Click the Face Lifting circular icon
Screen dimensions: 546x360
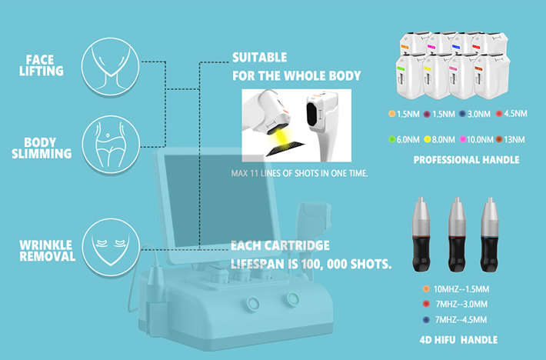111,66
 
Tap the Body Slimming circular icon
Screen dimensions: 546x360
111,145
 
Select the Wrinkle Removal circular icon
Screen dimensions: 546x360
111,248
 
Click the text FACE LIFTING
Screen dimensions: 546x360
42,65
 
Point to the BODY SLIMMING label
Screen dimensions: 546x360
42,148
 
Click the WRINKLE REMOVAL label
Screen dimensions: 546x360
48,251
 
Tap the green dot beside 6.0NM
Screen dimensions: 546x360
392,139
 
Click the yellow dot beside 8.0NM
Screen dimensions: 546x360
428,139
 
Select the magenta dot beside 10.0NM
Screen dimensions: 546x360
463,139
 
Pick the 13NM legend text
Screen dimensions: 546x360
514,139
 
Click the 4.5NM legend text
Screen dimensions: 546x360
516,114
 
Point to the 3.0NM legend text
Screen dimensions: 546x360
479,114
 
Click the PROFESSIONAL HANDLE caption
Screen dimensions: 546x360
466,160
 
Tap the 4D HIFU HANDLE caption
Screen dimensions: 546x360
458,340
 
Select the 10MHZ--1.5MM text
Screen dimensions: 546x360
461,289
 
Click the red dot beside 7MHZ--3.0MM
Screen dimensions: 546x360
426,304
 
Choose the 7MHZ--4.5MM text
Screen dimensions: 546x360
461,319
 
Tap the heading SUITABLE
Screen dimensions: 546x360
259,58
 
